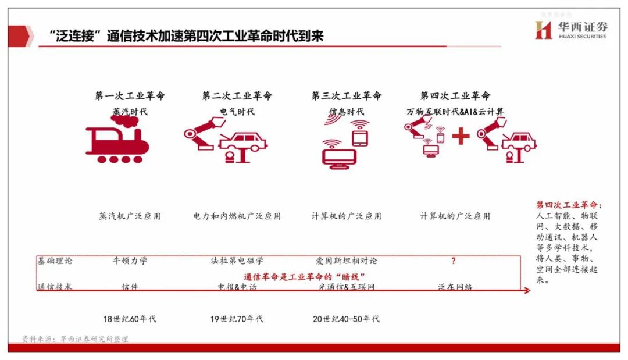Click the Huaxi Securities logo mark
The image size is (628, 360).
pos(543,30)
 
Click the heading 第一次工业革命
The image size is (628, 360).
pos(130,96)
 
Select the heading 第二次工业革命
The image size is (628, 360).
pos(237,96)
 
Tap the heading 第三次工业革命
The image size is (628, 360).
pos(346,96)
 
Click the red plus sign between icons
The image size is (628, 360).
pos(461,138)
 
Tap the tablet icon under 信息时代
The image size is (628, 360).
pos(361,137)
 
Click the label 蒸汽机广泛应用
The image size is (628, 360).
pos(130,216)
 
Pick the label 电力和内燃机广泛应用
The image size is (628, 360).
pos(237,216)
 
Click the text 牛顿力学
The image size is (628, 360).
pos(130,261)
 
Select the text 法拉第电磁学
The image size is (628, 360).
pos(237,261)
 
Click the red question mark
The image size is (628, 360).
pos(454,261)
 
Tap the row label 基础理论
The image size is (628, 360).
pos(55,261)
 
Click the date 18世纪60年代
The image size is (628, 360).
pos(130,319)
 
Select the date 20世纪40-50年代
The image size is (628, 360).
pos(345,319)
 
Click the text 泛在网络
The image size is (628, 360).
pos(455,287)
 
